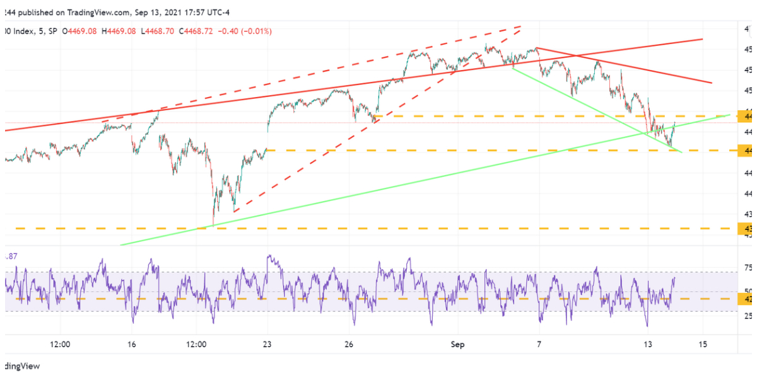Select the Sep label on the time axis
pos(458,345)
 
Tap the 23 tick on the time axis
pos(267,345)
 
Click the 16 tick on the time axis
pos(131,345)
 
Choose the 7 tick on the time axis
pos(539,345)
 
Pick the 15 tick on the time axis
pos(703,345)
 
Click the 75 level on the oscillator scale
pos(748,268)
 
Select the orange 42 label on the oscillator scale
pos(748,299)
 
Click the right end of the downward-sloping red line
pos(712,83)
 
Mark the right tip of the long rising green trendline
pos(730,115)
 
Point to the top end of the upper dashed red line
pos(521,26)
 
